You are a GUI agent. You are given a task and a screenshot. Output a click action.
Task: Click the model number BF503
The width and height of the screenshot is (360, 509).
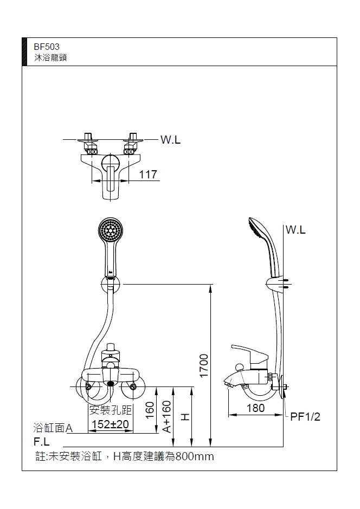tap(46, 47)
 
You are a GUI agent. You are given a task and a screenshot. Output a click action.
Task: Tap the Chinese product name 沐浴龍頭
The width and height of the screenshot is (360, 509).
tap(50, 57)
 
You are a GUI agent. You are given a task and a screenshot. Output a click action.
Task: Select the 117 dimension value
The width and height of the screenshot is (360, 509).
tap(148, 175)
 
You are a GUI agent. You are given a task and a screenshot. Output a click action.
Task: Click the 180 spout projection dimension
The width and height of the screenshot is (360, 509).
tap(255, 408)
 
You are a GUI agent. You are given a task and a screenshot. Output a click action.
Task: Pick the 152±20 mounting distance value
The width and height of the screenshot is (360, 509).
tap(110, 424)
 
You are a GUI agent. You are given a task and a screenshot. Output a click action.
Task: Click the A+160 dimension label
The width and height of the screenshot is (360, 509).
tap(168, 416)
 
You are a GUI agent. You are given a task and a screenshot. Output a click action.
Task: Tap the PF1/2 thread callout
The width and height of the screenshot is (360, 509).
tap(305, 416)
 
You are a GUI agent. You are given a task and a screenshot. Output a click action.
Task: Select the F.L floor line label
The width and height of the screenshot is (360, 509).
tap(42, 441)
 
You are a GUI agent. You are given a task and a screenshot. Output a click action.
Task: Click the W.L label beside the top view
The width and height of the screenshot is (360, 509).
tap(170, 140)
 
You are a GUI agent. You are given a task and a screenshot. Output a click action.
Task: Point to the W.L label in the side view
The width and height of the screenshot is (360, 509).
tap(295, 230)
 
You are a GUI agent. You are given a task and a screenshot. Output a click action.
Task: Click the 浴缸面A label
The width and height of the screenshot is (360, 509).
tap(53, 428)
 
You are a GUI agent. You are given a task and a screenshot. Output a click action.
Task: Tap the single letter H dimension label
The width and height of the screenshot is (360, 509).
tap(185, 416)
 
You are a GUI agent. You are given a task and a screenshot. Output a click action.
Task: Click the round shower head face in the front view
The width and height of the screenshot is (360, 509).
tap(110, 230)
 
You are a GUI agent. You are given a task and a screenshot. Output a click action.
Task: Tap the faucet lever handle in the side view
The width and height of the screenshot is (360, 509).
tap(250, 353)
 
